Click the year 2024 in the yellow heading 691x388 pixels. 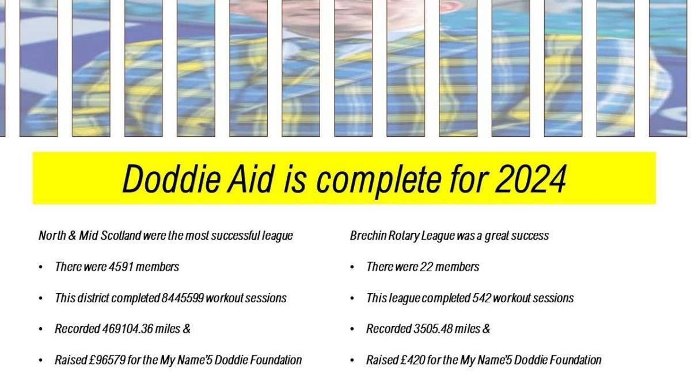pyautogui.click(x=530, y=179)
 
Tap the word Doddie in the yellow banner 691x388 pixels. pyautogui.click(x=172, y=179)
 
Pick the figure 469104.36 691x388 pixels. pyautogui.click(x=127, y=329)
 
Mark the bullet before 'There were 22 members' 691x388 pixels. pyautogui.click(x=352, y=267)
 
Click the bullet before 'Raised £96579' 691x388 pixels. pyautogui.click(x=41, y=360)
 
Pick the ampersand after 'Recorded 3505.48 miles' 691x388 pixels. pyautogui.click(x=485, y=329)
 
